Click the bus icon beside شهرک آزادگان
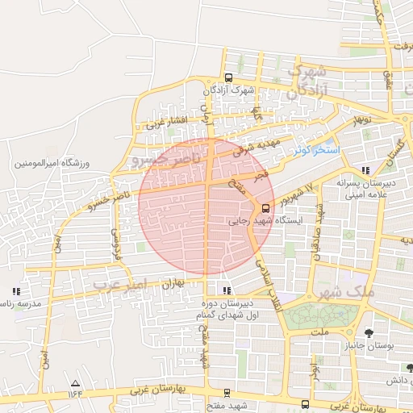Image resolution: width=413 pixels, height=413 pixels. pos(228,78)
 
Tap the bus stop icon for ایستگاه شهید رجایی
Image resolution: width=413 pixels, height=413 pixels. pos(267,206)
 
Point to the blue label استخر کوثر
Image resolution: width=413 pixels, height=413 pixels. pos(317,151)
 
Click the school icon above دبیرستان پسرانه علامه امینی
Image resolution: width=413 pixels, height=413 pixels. pos(366,170)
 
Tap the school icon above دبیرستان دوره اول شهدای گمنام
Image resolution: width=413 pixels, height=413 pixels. pos(227,290)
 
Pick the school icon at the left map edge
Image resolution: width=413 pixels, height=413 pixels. pos(15,291)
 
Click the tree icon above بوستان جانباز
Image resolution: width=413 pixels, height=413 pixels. pos(369,332)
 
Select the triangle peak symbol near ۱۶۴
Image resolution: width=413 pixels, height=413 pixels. pos(76,383)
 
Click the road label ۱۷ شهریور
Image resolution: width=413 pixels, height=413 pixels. pos(298,194)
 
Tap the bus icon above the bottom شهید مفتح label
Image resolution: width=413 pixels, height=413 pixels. pos(227,393)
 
